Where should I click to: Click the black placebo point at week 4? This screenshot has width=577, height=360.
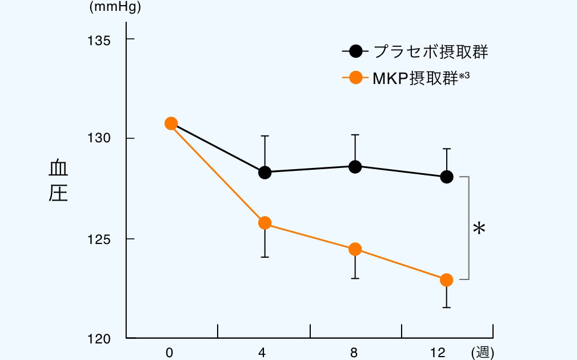click(x=265, y=173)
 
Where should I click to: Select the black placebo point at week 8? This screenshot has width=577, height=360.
click(x=355, y=167)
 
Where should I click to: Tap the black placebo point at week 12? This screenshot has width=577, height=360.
click(x=447, y=177)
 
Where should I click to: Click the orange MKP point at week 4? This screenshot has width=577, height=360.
click(x=265, y=223)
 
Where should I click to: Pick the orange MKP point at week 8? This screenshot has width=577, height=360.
click(x=355, y=249)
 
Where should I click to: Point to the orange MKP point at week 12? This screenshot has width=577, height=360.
click(x=447, y=280)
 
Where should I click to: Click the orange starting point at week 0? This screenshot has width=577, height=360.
click(x=171, y=123)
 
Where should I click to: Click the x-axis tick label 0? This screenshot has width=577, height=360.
click(x=169, y=353)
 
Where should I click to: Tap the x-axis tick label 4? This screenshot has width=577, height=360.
click(x=262, y=353)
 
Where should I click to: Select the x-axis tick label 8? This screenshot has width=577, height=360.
click(x=354, y=353)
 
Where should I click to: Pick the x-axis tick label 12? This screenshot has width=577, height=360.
click(x=438, y=353)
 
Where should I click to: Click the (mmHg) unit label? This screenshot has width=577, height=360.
click(x=115, y=8)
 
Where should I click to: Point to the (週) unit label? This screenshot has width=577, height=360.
click(x=483, y=353)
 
